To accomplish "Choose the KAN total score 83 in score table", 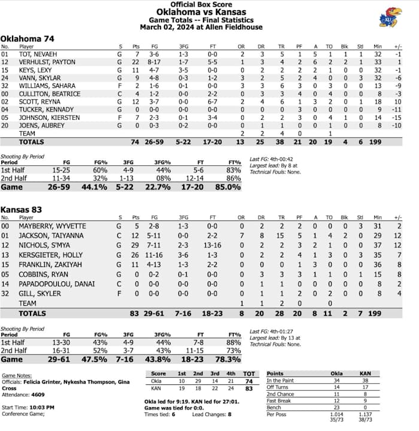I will click(250, 388).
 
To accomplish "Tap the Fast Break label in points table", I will click(278, 400).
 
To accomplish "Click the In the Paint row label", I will click(281, 381).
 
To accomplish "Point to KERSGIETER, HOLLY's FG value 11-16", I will click(154, 255).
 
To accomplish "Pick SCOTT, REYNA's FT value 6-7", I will click(212, 101).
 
